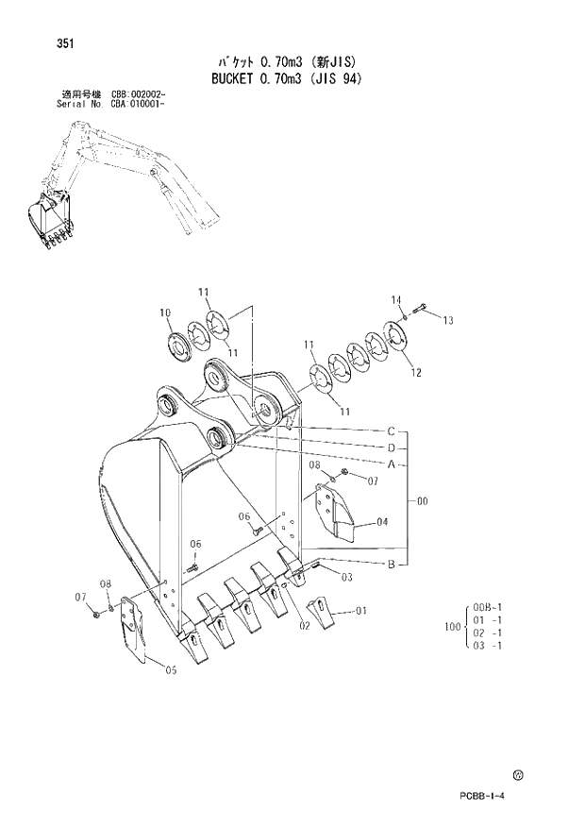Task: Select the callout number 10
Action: [x=165, y=312]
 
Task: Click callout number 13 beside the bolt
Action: [x=447, y=321]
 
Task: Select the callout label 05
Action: [x=171, y=670]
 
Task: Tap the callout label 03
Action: [x=347, y=577]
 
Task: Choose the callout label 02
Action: [x=305, y=624]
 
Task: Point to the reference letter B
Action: [x=390, y=564]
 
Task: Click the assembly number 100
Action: [x=451, y=626]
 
